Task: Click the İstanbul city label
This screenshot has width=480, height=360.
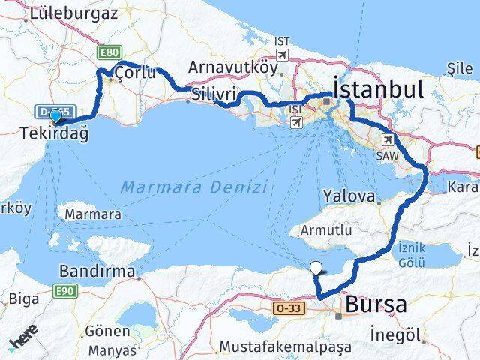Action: (377, 90)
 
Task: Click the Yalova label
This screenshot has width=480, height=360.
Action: (348, 196)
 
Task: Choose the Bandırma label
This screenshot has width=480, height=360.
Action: (98, 270)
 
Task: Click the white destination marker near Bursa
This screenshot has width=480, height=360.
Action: (316, 267)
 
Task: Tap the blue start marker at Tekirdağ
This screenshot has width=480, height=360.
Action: (55, 115)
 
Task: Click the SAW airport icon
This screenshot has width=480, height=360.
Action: (388, 139)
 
